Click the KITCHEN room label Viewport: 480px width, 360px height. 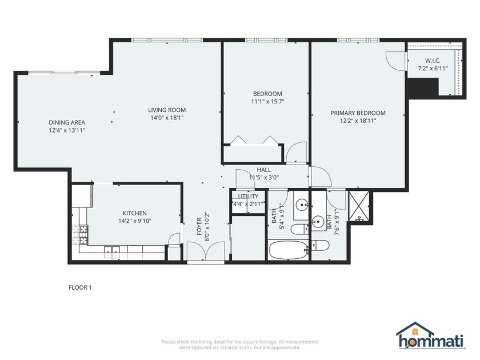coord(134,213)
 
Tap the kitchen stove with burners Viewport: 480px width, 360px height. coord(79,234)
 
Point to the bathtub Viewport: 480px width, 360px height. coord(288,250)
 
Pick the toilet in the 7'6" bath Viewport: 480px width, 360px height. coord(321,246)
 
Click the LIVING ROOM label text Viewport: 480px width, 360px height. coord(167,110)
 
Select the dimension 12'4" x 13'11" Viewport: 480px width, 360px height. coord(67,130)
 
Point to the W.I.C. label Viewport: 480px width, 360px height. coord(433,61)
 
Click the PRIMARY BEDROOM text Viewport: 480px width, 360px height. coord(358,113)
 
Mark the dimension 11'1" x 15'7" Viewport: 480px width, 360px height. coord(267,102)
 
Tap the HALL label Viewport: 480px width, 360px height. coord(263,170)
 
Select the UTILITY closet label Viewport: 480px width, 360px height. coord(248,196)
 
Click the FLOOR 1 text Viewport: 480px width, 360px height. coord(80,287)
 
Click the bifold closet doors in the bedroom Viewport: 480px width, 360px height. coord(253,139)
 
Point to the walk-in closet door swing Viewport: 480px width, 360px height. coord(396,59)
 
